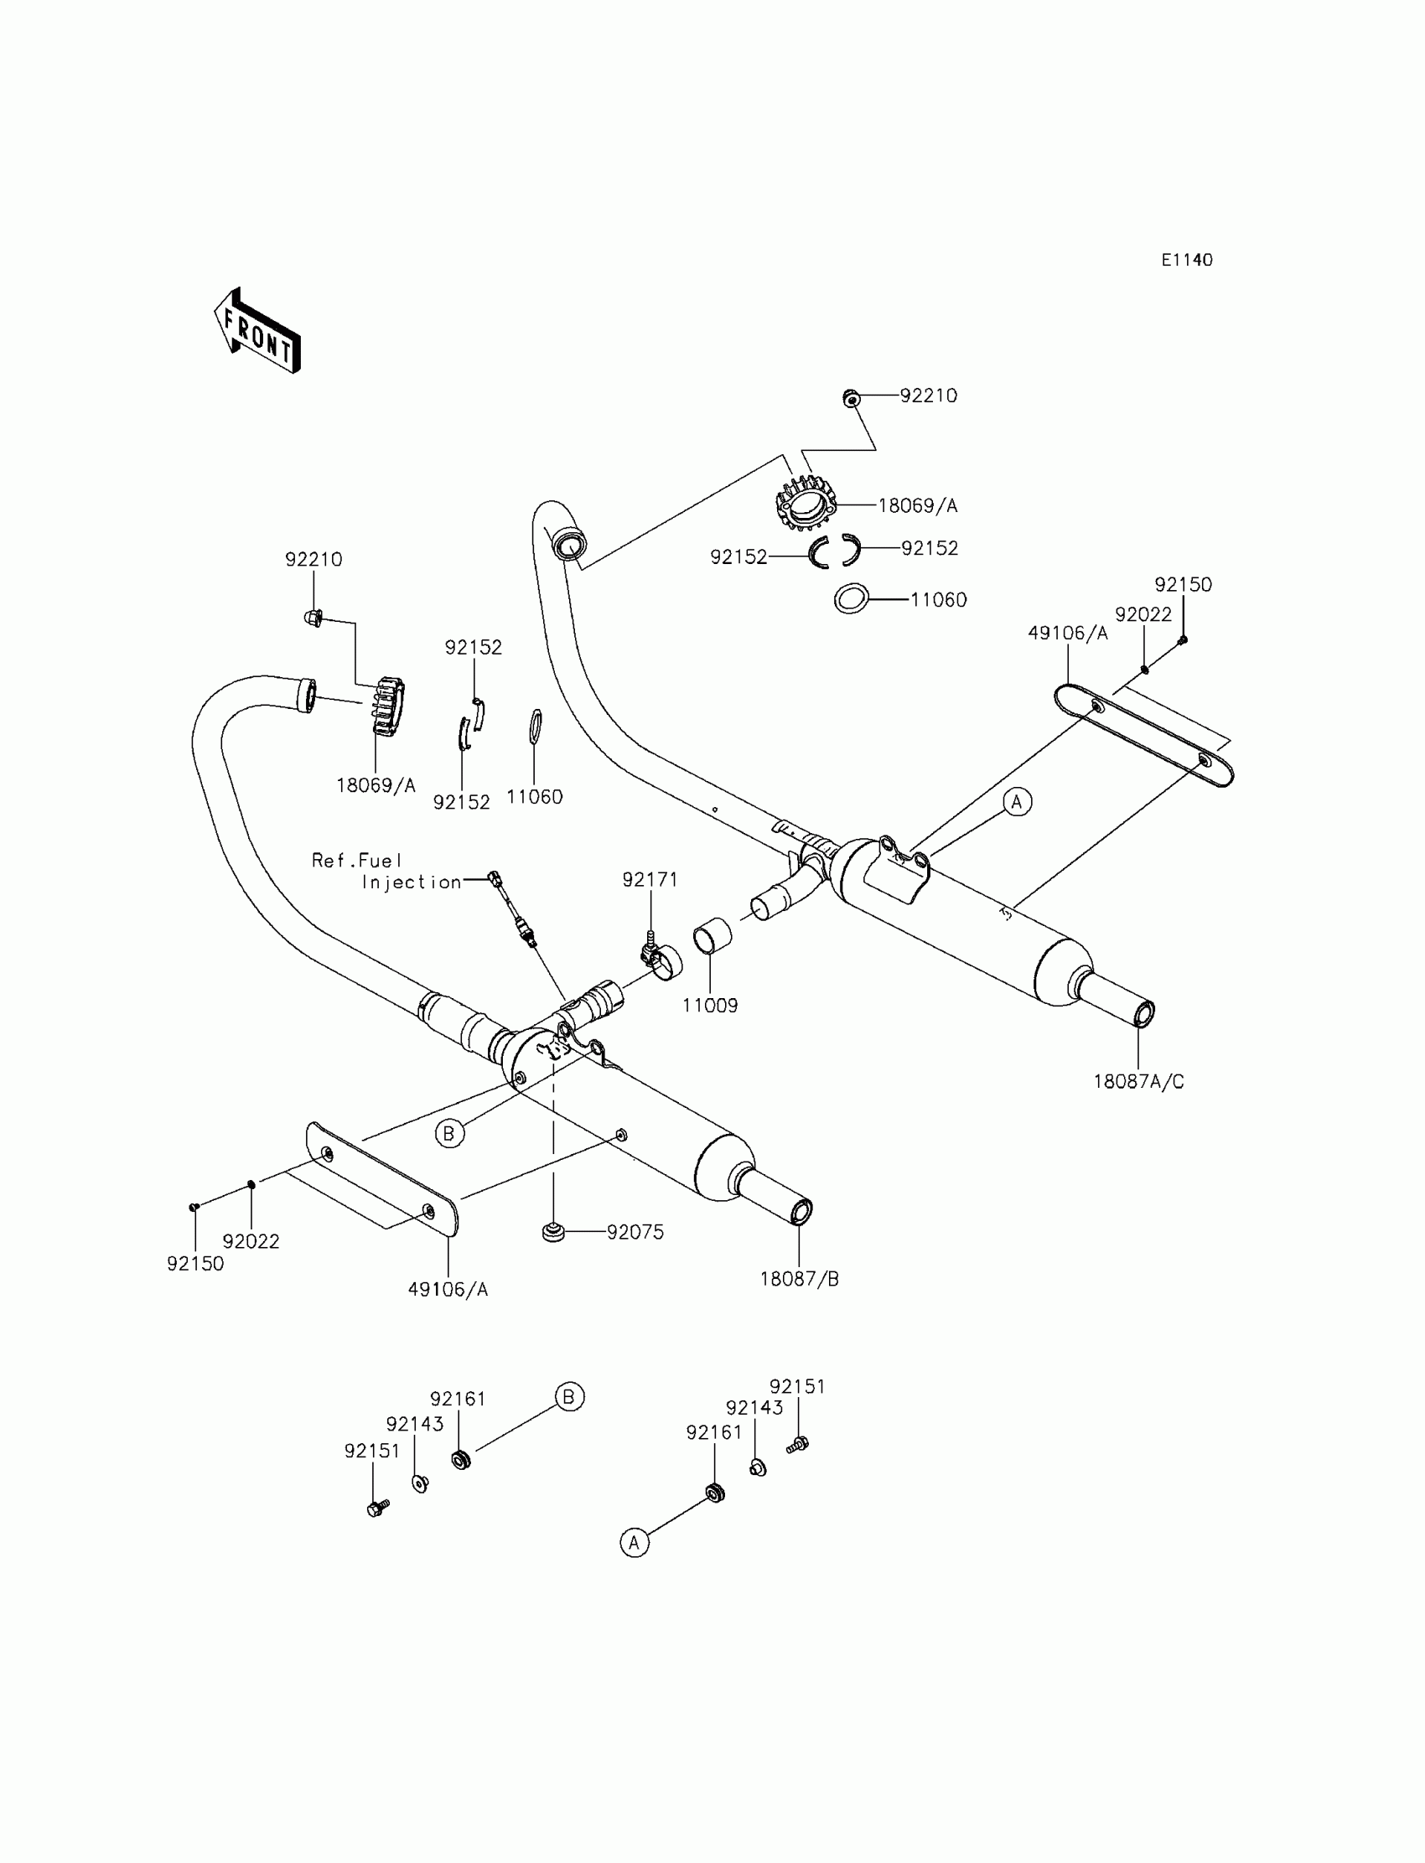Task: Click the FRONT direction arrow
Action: (257, 332)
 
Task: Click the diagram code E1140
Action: (1187, 261)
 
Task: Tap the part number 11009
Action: (710, 1005)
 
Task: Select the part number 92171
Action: (650, 880)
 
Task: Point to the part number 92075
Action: (635, 1232)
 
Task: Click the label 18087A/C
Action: (1138, 1081)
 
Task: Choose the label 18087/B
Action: (799, 1279)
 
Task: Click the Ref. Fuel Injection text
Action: (386, 871)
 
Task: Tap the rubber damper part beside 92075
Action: (553, 1230)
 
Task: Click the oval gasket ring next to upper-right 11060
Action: (851, 598)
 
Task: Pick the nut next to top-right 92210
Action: (851, 397)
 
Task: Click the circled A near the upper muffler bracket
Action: (1017, 801)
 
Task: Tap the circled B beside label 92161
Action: (569, 1395)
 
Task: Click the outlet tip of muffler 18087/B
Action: (801, 1213)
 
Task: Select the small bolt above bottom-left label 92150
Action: (194, 1206)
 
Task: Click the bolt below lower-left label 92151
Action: (376, 1508)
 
